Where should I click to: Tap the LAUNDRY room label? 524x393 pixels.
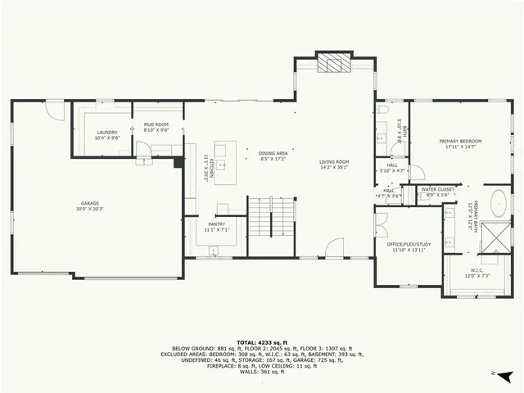click(107, 132)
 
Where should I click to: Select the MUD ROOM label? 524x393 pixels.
click(156, 124)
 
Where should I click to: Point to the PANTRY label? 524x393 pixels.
click(216, 224)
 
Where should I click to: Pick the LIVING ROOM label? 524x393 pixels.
click(334, 162)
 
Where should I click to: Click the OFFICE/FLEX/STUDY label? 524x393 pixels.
click(409, 244)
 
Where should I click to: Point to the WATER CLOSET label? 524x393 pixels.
click(438, 189)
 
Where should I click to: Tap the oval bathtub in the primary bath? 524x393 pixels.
click(498, 201)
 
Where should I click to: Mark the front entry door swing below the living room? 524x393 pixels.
click(334, 248)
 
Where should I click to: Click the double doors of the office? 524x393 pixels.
click(381, 219)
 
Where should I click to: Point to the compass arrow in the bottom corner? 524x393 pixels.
click(506, 376)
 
